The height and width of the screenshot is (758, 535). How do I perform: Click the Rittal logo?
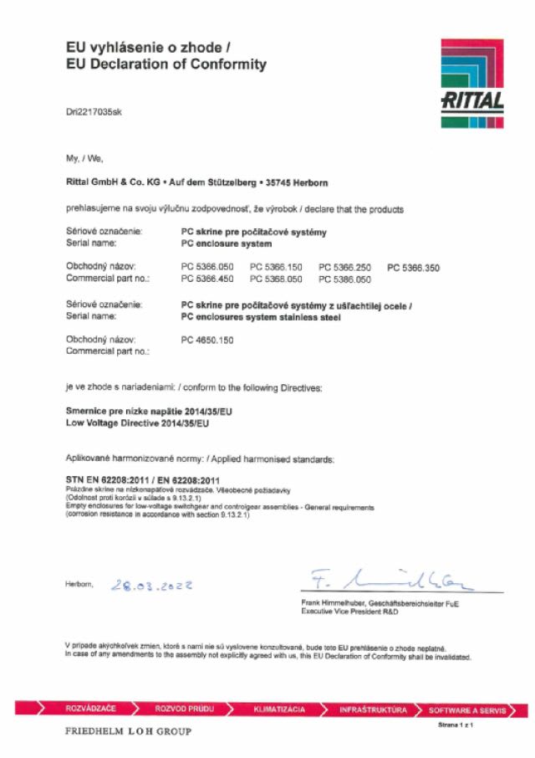tap(472, 83)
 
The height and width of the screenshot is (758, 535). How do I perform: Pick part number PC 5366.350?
tap(413, 268)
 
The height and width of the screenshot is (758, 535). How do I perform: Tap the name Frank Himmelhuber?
tap(333, 603)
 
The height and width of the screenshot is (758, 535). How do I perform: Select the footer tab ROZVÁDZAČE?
tap(90, 709)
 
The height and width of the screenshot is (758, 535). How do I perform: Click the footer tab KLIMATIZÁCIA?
tap(279, 709)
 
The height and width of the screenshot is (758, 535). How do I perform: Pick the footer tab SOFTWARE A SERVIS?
tap(467, 710)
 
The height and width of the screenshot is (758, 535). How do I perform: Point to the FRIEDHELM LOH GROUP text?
tap(127, 732)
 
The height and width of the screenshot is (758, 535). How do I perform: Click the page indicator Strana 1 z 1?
tap(456, 725)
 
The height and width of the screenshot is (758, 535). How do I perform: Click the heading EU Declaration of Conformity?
tap(166, 64)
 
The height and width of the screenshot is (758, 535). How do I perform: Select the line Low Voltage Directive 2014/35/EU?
tap(137, 424)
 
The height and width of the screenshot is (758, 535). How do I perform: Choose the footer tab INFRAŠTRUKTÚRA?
tap(373, 709)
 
